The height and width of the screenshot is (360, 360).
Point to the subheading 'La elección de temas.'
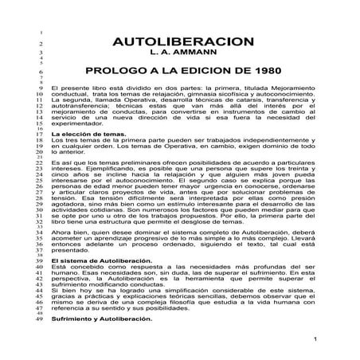point(84,136)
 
